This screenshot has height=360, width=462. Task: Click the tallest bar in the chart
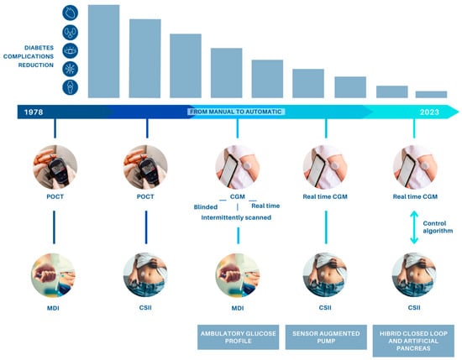(103, 51)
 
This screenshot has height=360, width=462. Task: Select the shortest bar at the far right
(431, 94)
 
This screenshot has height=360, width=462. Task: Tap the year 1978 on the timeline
(34, 112)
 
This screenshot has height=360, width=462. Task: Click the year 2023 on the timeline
(429, 112)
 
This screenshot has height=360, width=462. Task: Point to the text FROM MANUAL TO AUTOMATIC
(236, 112)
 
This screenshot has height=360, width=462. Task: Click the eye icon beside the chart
(70, 50)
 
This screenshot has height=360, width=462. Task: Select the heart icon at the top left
(70, 13)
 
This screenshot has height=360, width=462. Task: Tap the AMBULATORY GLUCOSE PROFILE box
(238, 337)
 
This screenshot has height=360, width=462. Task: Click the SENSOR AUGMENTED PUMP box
(326, 337)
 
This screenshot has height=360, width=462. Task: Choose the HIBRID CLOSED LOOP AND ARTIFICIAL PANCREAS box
(413, 341)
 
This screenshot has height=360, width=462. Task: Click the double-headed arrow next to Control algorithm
(414, 227)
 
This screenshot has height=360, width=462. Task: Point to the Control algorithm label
(438, 227)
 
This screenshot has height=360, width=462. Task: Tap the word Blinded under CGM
(206, 207)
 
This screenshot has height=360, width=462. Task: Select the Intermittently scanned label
(236, 217)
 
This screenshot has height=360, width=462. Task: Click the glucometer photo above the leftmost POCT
(55, 167)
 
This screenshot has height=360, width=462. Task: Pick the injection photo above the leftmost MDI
(53, 275)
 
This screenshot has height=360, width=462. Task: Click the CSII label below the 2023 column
(414, 308)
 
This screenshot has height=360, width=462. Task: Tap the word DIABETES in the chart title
(39, 48)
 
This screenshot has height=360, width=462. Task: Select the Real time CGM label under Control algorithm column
(415, 196)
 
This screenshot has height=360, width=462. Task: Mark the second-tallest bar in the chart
(145, 58)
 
